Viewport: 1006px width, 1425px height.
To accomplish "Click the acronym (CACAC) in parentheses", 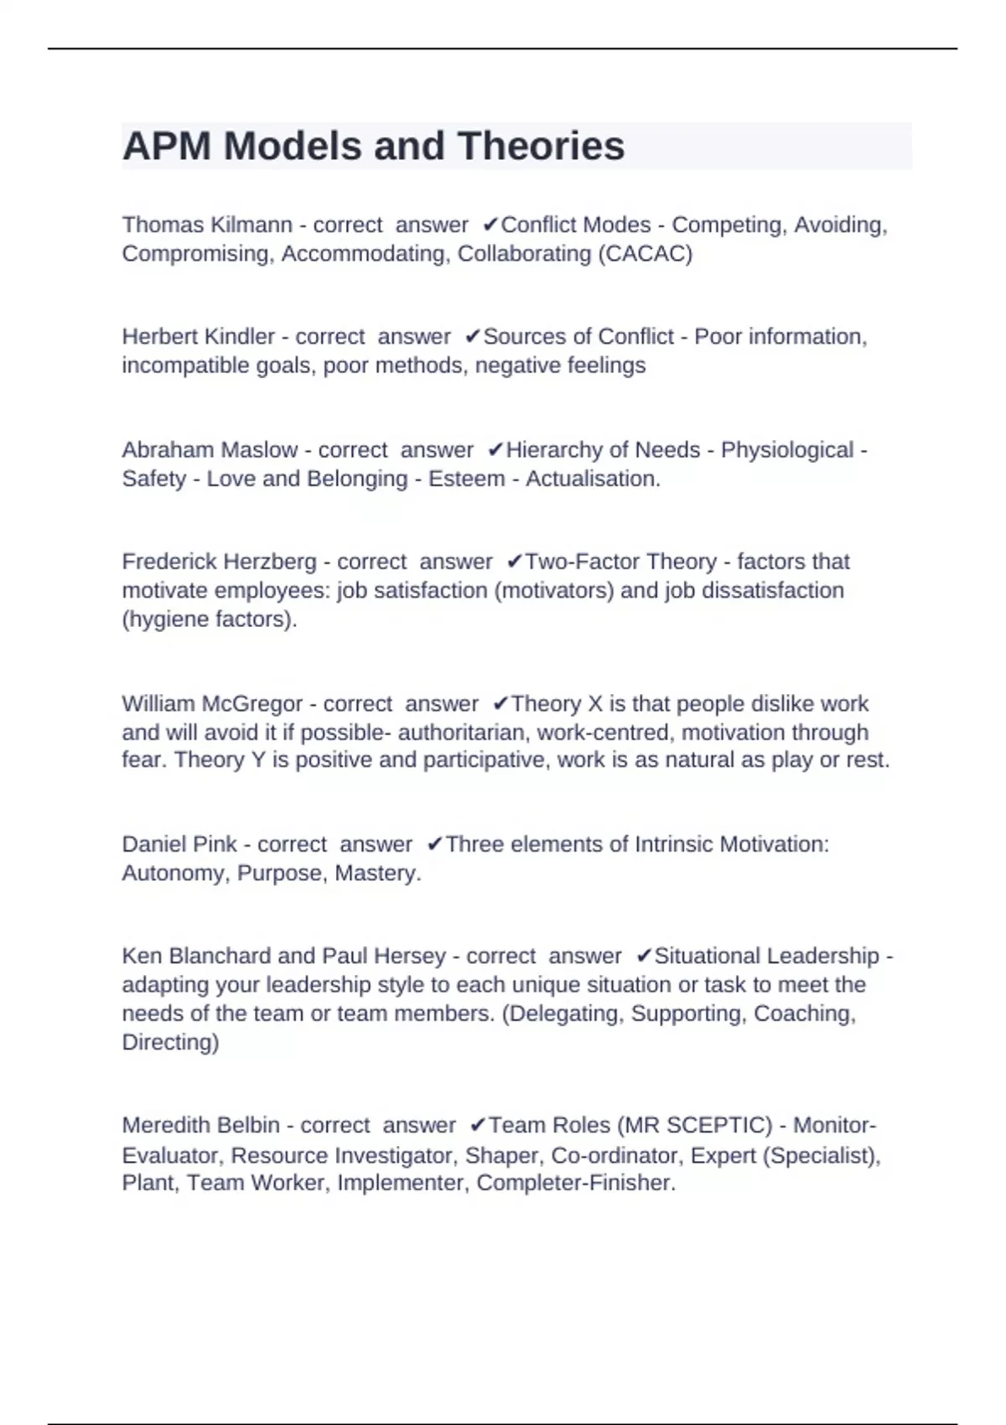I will (x=645, y=253).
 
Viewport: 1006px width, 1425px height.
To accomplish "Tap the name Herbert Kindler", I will (x=198, y=336).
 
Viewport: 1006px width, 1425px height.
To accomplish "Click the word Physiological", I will (x=787, y=449).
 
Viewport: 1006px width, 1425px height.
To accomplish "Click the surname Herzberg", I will (x=277, y=561).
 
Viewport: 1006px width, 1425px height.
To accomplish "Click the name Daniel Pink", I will (x=179, y=843).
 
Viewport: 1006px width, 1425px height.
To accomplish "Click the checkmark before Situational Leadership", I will (x=644, y=956).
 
